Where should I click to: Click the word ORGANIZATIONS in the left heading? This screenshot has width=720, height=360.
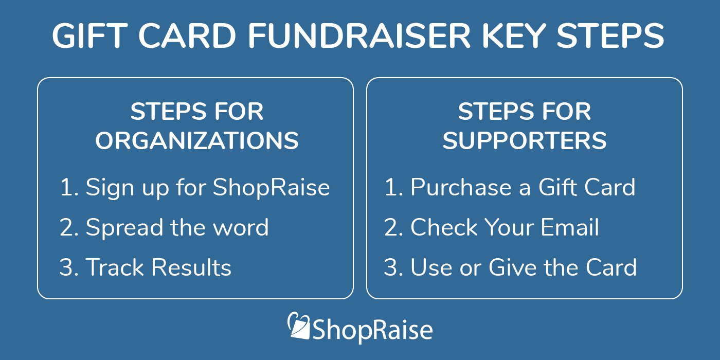(x=197, y=140)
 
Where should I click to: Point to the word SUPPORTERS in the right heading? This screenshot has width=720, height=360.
(x=525, y=140)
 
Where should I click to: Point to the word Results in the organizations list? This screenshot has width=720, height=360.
(x=192, y=267)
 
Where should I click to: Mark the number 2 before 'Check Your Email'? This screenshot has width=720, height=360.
(x=390, y=227)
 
